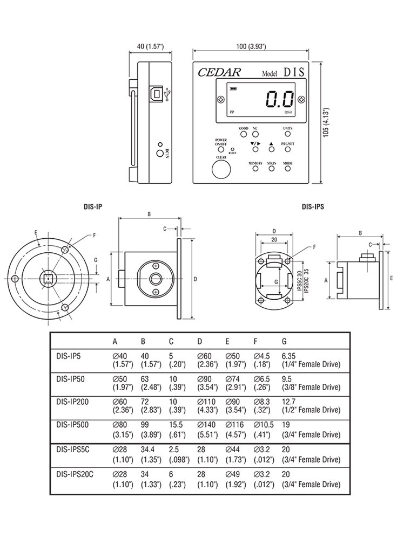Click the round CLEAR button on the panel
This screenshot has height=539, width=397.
tap(220, 170)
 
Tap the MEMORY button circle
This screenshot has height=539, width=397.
tap(255, 168)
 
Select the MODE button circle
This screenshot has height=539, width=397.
tap(288, 168)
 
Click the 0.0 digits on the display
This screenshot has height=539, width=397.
tap(279, 100)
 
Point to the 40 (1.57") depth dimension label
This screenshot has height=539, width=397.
tap(150, 47)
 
